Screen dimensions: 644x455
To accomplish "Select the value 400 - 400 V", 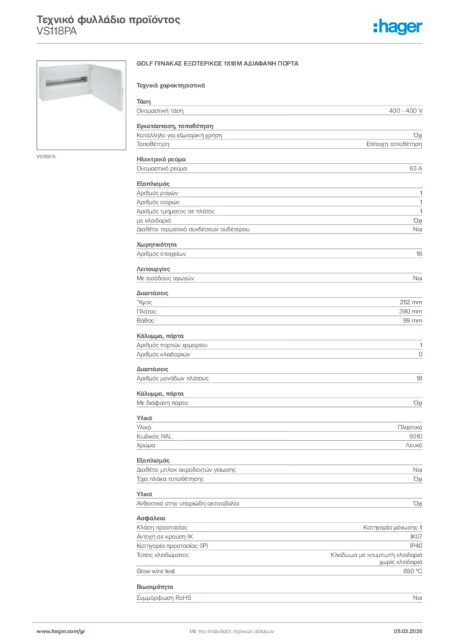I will pos(405,111).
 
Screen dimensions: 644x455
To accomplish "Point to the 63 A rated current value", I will pos(415,169).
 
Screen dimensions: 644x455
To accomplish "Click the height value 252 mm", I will pos(411,302).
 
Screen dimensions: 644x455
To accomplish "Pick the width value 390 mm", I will pos(410,311).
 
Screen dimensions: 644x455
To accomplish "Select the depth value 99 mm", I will pos(412,321).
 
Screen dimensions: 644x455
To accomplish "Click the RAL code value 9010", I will pos(415,436).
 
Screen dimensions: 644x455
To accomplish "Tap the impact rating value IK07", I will pos(415,536).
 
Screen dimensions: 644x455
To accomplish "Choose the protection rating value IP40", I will pos(415,545).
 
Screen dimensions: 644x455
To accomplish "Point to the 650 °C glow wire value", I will pos(413,571).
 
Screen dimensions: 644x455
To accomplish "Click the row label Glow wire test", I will pos(156,571).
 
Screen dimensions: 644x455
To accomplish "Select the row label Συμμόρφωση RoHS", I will pos(164,597).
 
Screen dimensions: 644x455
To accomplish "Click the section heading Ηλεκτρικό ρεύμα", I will pos(161,160).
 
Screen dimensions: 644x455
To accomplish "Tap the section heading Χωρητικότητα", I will pos(156,244).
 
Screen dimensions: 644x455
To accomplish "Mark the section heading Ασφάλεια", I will pos(151,518).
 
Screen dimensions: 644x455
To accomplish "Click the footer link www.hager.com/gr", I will pos(60,631).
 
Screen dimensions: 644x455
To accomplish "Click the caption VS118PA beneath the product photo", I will pos(46,156).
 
